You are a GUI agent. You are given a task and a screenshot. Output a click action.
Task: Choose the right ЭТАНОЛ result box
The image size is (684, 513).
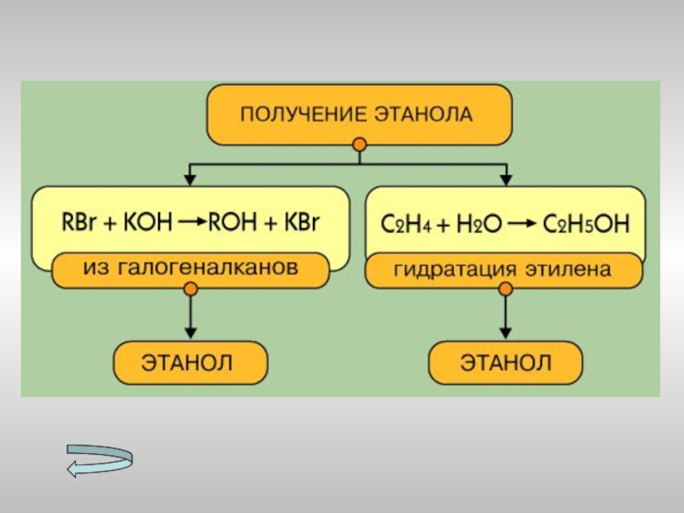506,362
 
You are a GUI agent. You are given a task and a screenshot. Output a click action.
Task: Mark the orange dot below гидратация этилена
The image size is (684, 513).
507,290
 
